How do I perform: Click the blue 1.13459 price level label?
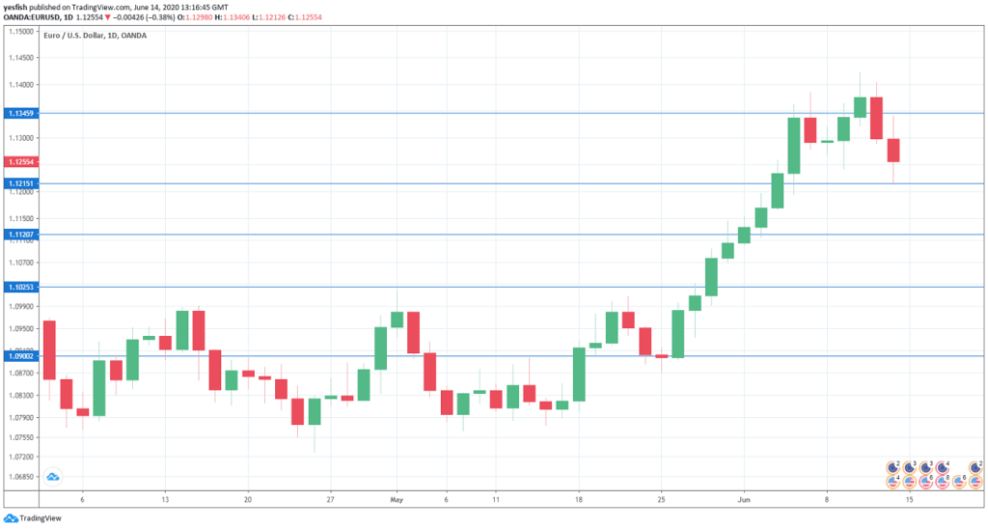(19, 114)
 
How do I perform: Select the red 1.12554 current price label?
(19, 162)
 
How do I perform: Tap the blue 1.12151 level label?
(19, 183)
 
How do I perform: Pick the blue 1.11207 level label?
(19, 235)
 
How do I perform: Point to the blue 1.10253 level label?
(19, 287)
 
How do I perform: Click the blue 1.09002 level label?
(19, 356)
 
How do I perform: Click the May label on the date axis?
(397, 501)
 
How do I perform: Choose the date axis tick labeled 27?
(330, 501)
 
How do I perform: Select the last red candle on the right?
(893, 151)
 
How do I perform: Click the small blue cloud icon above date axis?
(53, 476)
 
